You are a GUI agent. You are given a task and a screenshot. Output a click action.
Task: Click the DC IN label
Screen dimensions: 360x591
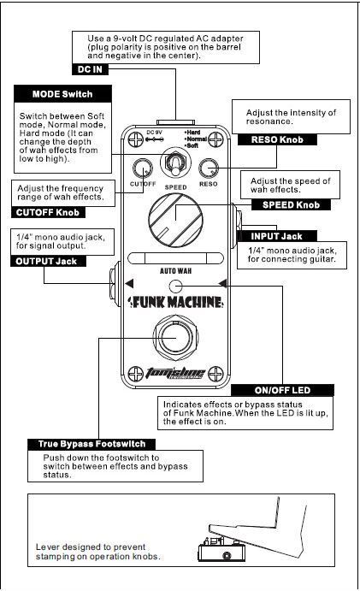90,69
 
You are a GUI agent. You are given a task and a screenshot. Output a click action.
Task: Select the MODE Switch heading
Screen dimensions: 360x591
62,94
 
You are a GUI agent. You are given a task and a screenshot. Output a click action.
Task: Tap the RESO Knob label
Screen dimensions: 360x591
277,139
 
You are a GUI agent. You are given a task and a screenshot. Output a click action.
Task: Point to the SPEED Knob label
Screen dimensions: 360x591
291,205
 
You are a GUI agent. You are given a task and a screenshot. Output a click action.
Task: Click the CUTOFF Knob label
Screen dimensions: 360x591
48,213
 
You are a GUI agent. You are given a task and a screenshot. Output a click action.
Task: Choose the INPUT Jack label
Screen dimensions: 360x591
277,236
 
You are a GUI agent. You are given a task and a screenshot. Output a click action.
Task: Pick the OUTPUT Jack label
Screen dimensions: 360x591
46,261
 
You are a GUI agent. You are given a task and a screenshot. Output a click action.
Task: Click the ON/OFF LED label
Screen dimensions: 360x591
282,390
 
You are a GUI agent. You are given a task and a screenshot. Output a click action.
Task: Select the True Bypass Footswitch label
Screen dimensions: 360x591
91,444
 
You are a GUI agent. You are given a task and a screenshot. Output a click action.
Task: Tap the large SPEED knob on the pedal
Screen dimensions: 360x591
175,220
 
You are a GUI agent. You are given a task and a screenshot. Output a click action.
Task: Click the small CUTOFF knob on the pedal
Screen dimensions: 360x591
143,168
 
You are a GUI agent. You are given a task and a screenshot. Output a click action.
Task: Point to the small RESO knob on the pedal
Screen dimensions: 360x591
209,168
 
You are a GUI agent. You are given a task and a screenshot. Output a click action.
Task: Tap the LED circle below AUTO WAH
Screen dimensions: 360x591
175,287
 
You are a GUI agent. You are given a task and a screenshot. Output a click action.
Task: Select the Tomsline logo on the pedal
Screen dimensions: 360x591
175,373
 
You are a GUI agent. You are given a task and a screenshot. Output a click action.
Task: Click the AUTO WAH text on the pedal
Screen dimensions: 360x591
175,270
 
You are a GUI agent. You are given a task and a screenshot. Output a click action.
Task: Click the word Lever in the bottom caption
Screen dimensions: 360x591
48,547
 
